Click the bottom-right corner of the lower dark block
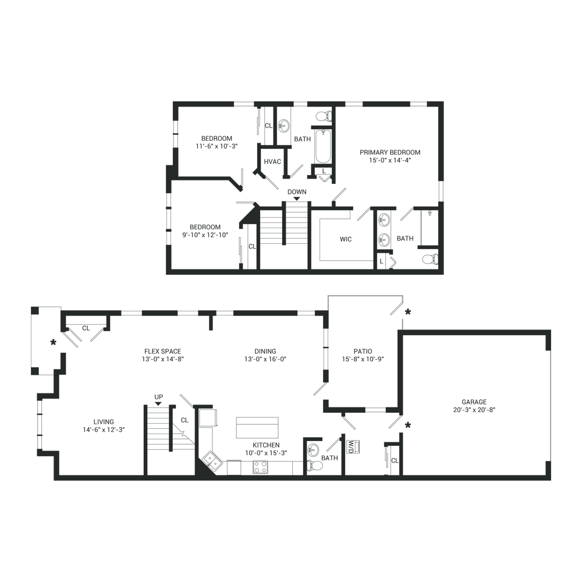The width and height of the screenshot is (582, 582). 551,480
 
